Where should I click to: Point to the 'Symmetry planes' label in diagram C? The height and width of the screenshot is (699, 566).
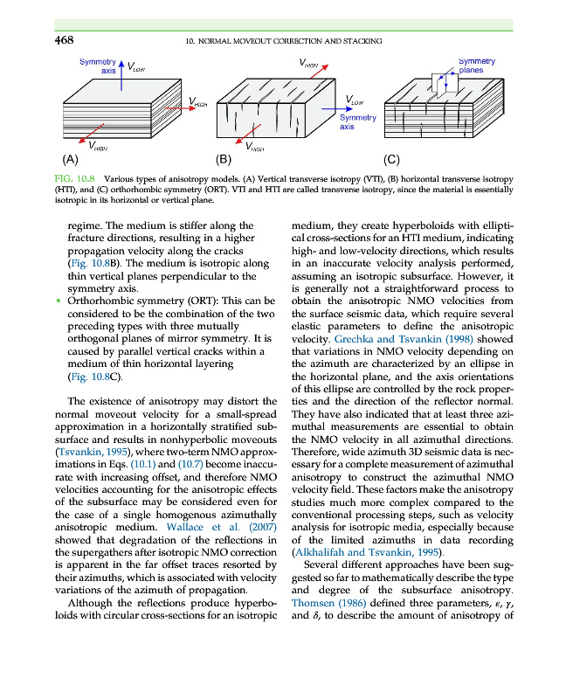477,66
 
